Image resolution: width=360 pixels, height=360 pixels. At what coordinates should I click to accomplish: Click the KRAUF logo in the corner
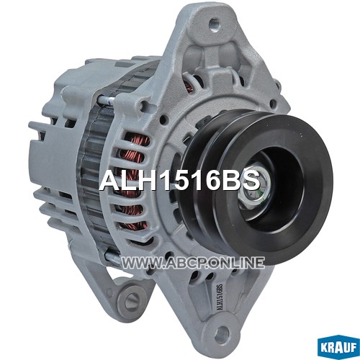point(338,348)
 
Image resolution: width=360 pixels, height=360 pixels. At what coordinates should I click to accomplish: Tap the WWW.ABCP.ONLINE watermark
point(193,262)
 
